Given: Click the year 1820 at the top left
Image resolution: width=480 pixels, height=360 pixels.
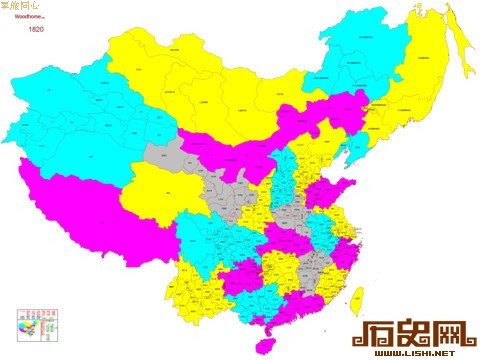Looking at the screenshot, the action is tap(35, 30).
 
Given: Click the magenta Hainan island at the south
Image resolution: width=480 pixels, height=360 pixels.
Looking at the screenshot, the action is tap(266, 342).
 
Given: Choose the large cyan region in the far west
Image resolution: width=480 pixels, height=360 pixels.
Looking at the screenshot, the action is tap(80, 110).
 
